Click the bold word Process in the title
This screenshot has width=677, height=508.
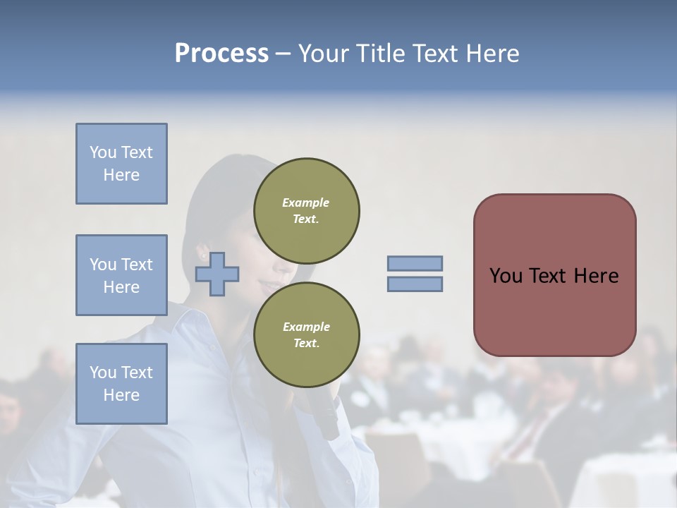coord(221,54)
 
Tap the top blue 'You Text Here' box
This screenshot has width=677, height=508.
coord(121,164)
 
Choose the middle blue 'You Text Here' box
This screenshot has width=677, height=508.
coord(121,275)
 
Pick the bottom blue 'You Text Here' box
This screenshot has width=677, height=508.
coord(121,384)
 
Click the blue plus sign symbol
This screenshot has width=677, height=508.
coord(217,273)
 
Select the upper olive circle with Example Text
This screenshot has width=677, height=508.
coord(306,211)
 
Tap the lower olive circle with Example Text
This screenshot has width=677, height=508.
coord(306,335)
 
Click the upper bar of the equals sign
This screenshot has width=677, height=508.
coord(415,263)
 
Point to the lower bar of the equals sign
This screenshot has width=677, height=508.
coord(415,284)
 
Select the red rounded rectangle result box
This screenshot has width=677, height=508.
coord(554,274)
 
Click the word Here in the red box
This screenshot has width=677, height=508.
coord(596,275)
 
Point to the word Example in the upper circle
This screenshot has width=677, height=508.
coord(305,202)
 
